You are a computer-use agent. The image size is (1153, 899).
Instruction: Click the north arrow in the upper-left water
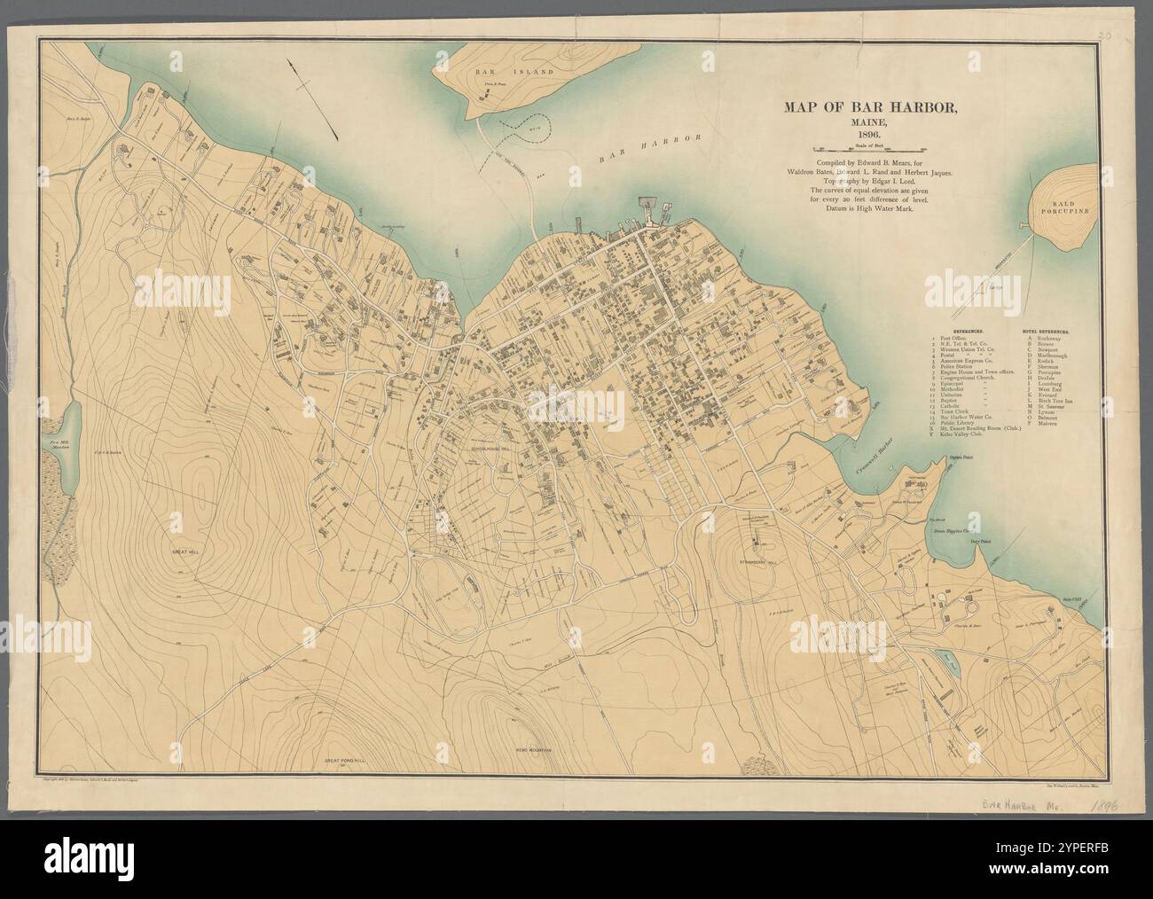coord(315,98)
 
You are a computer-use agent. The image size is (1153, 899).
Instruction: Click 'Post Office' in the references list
coord(956,338)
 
